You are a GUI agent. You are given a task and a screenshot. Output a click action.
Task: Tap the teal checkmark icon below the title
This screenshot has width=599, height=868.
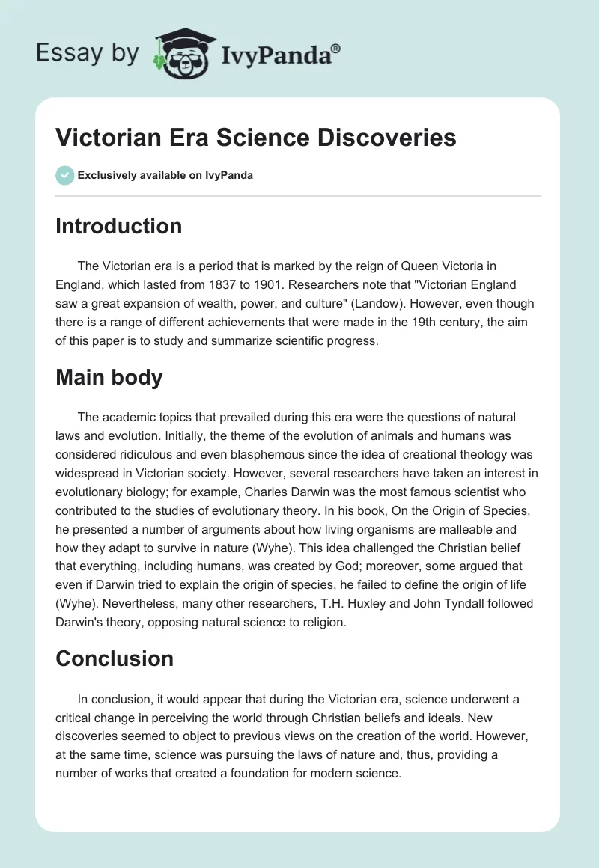coord(64,175)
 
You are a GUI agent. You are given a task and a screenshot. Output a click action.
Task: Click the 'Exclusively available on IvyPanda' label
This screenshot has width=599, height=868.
coord(165,175)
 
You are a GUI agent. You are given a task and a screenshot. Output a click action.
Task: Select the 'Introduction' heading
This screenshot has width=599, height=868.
coord(118,226)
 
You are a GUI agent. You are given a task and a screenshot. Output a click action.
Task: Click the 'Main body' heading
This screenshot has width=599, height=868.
coord(109,377)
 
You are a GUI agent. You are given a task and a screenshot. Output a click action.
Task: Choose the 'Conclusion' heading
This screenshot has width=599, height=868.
coord(114,658)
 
